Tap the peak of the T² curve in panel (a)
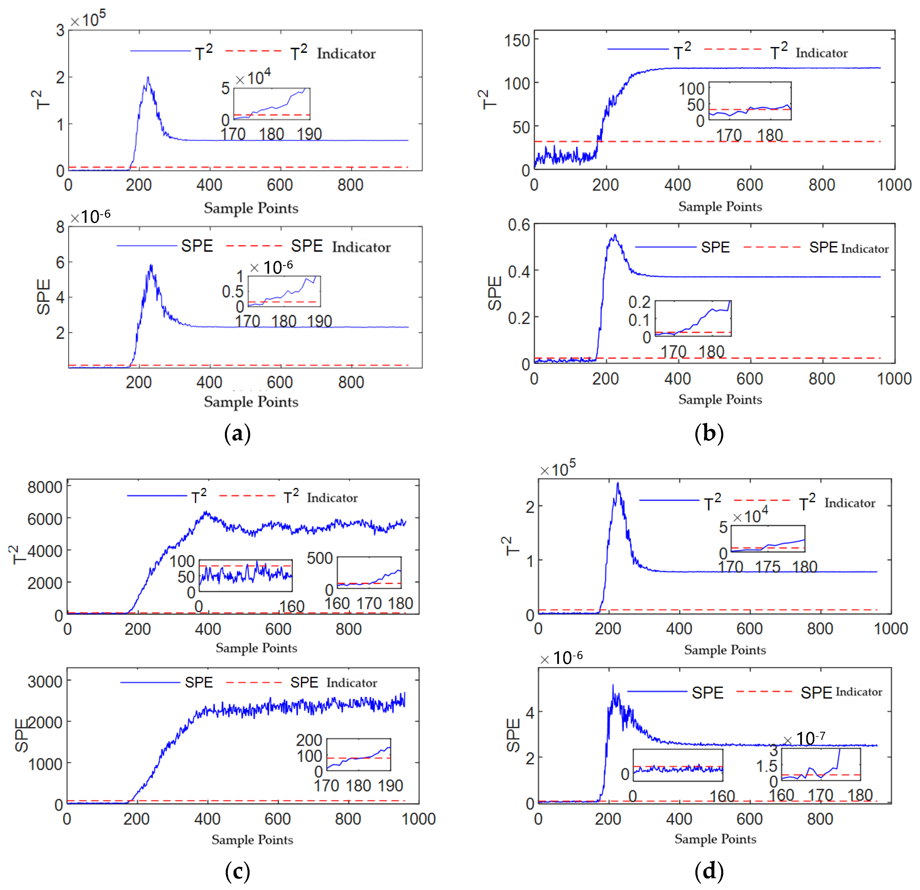click(148, 78)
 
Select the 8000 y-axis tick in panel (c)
click(45, 487)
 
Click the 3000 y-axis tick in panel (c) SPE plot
click(45, 681)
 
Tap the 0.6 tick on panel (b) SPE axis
click(519, 225)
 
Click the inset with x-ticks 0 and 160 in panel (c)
click(246, 576)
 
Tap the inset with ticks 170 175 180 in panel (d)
click(767, 539)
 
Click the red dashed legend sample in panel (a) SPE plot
click(254, 246)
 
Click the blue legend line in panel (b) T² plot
click(637, 49)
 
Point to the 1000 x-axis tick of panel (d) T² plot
click(890, 629)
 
